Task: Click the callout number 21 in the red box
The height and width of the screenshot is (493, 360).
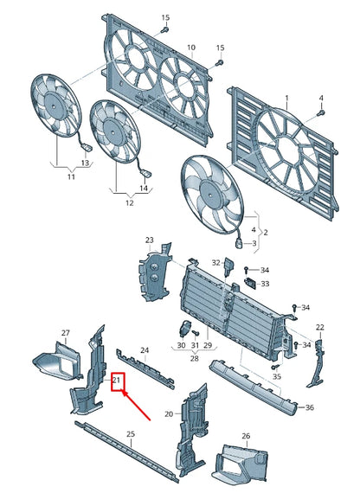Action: click(117, 379)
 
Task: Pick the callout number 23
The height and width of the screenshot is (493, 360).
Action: click(149, 240)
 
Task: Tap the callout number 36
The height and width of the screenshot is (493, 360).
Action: click(310, 407)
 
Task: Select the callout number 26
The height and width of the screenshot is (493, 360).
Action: click(246, 436)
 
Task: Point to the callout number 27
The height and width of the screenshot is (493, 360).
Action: click(65, 332)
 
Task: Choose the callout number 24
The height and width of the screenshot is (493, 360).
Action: click(145, 350)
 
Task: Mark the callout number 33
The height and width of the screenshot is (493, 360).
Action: click(265, 284)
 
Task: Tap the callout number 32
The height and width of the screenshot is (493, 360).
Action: click(216, 262)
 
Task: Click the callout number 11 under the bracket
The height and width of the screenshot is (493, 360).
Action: click(71, 177)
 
